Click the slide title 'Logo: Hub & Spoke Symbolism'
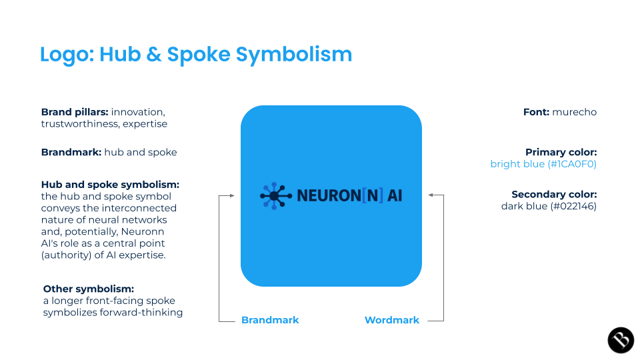point(195,54)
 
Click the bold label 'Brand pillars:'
point(75,112)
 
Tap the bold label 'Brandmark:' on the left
point(71,152)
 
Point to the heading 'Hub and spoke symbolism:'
point(110,184)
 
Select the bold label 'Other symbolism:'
point(89,289)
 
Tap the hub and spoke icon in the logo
point(275,195)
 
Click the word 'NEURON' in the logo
point(328,196)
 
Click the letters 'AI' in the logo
point(395,196)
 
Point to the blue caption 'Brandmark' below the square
point(270,320)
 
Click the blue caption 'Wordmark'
point(392,320)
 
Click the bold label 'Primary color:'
point(561,152)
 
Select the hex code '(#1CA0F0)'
point(572,164)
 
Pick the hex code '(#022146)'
point(571,207)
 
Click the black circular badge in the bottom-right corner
point(621,340)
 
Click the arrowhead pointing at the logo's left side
point(231,195)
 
